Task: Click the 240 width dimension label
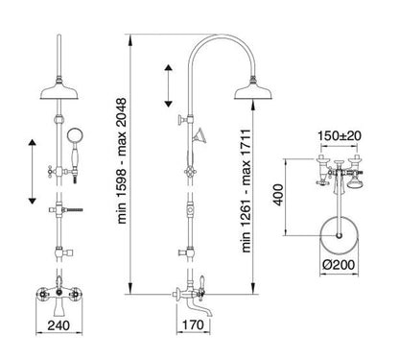click(59, 325)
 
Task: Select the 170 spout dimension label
click(193, 324)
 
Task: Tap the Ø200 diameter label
click(339, 265)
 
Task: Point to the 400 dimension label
click(278, 195)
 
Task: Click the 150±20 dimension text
click(340, 135)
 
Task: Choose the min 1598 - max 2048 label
click(122, 161)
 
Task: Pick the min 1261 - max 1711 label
click(246, 191)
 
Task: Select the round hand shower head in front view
click(75, 134)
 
